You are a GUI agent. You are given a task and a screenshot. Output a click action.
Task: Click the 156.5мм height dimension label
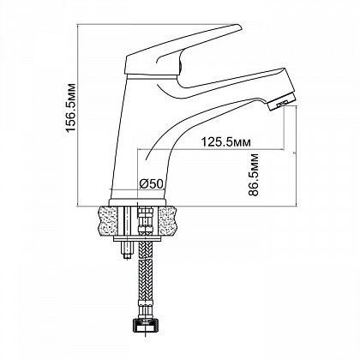pos(70,108)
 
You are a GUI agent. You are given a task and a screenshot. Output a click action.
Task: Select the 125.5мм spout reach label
pos(226,142)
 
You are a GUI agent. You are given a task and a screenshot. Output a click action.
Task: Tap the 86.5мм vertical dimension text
pos(254,175)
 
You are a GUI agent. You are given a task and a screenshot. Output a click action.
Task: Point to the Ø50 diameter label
pos(151,184)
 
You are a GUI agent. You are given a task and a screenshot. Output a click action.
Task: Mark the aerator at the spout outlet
pos(282,102)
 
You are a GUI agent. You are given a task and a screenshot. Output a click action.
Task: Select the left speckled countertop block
pos(108,220)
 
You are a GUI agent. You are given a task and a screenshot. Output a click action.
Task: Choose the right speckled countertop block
pos(168,220)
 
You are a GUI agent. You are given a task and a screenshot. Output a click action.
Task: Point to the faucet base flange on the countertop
pos(137,202)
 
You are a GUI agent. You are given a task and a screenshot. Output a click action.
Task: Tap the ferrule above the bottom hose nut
pos(146,310)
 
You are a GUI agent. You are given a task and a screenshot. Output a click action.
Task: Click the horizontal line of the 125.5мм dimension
pos(211,149)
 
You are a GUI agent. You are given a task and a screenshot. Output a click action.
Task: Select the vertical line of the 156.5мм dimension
pos(78,115)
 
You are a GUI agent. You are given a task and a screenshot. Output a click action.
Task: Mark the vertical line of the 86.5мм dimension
pos(297,155)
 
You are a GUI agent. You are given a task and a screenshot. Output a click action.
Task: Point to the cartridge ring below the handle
pos(152,77)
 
